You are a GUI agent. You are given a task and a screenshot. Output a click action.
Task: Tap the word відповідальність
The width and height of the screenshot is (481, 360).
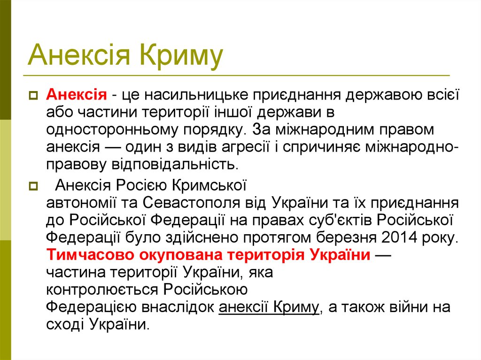pyautogui.click(x=173, y=164)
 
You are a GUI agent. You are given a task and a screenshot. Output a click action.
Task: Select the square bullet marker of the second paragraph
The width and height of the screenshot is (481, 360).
pyautogui.click(x=33, y=186)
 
